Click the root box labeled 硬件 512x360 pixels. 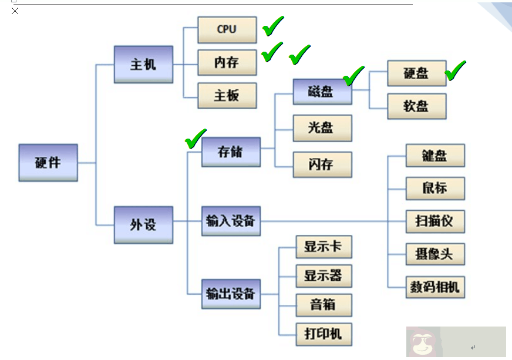pyautogui.click(x=48, y=163)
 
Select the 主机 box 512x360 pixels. pyautogui.click(x=143, y=65)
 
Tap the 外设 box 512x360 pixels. pyautogui.click(x=143, y=224)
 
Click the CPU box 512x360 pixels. pyautogui.click(x=227, y=29)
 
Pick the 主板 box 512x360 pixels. pyautogui.click(x=227, y=95)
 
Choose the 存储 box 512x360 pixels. pyautogui.click(x=231, y=152)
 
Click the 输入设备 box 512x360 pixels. pyautogui.click(x=231, y=221)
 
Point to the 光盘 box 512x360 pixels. pyautogui.click(x=322, y=128)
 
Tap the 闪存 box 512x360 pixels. pyautogui.click(x=322, y=164)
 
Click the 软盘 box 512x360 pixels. pyautogui.click(x=416, y=106)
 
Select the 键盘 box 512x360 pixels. pyautogui.click(x=435, y=156)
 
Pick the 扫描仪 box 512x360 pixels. pyautogui.click(x=435, y=222)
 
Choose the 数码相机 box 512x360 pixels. pyautogui.click(x=435, y=288)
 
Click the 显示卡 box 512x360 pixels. pyautogui.click(x=323, y=247)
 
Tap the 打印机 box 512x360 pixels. pyautogui.click(x=323, y=335)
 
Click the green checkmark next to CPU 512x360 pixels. pyautogui.click(x=272, y=26)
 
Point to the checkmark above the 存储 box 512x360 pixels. pyautogui.click(x=196, y=139)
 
